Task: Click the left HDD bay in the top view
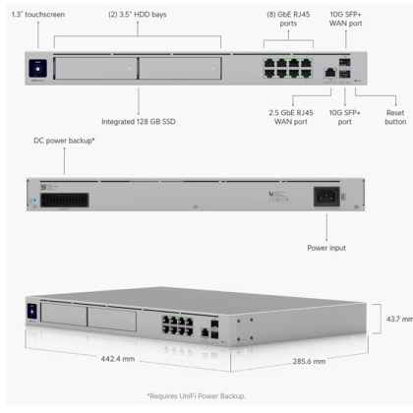[x=96, y=70]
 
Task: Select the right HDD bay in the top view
[x=181, y=70]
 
